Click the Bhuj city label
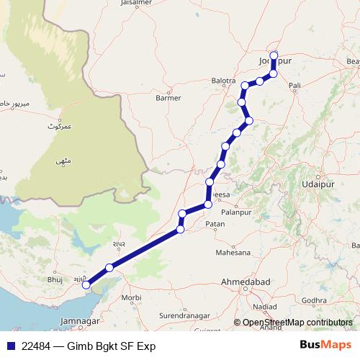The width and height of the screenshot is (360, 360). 55,278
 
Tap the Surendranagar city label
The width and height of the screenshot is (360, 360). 181,315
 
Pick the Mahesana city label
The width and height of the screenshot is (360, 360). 234,253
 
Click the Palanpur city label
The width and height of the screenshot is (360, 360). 239,213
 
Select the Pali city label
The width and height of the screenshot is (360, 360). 294,86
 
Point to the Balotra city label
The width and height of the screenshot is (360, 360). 224,81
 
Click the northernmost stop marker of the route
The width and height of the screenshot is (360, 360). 274,55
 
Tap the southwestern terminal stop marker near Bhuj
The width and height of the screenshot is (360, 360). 86,285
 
